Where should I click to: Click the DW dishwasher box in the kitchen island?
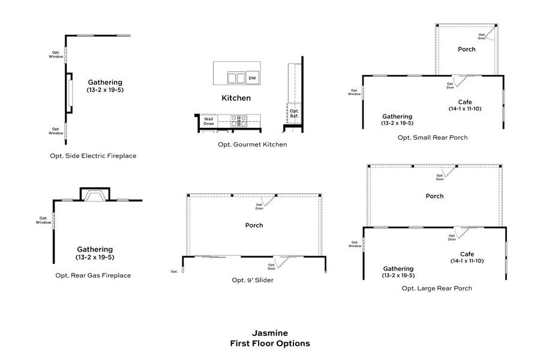253,77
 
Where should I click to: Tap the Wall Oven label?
208,121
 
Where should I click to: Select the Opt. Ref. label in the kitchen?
294,113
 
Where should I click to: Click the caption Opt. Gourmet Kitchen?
252,145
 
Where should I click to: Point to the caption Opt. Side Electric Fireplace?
93,155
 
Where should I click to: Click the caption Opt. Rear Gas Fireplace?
93,275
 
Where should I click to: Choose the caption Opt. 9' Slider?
253,280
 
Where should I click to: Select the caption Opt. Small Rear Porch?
433,137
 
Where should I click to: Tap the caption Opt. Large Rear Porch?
436,288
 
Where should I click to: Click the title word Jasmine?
270,332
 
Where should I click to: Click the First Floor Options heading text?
270,343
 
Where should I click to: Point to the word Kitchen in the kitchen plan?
236,98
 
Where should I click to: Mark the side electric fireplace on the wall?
70,93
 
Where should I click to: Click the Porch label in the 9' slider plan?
254,226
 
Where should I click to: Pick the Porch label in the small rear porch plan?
466,49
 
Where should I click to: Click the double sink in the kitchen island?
236,77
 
